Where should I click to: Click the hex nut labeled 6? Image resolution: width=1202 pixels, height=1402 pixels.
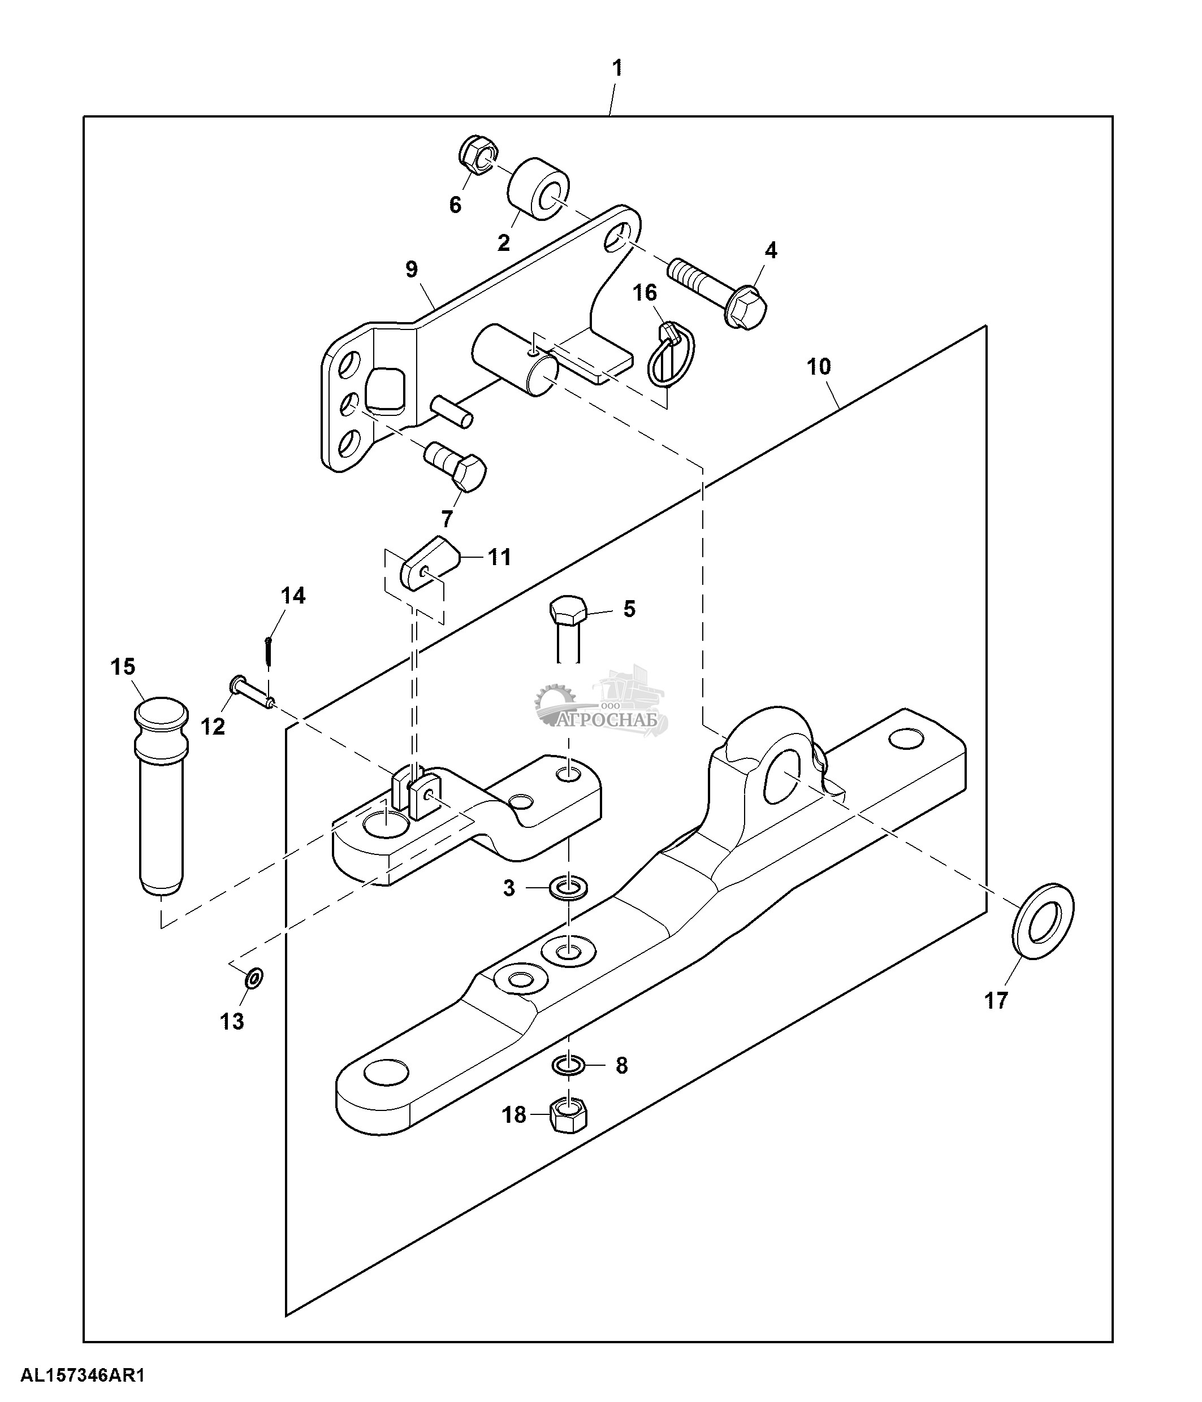[478, 155]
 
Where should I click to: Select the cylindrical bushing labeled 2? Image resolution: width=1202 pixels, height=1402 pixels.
[539, 189]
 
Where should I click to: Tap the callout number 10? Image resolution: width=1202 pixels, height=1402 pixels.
[818, 367]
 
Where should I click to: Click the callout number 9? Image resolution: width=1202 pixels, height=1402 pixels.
[412, 270]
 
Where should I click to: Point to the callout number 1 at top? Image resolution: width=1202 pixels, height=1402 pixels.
[617, 68]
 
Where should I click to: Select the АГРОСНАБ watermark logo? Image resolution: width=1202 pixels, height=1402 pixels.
[602, 706]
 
